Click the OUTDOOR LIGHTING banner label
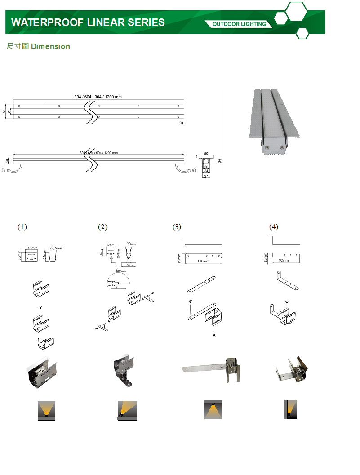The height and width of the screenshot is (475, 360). pyautogui.click(x=239, y=24)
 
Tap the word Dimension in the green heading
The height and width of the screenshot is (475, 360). pyautogui.click(x=50, y=46)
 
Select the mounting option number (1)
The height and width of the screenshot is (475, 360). pyautogui.click(x=22, y=227)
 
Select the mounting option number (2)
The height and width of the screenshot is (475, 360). pyautogui.click(x=102, y=227)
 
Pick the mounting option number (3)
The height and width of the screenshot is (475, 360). pyautogui.click(x=177, y=227)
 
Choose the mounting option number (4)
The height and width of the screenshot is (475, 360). pyautogui.click(x=273, y=227)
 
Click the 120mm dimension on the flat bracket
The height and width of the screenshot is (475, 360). pyautogui.click(x=204, y=261)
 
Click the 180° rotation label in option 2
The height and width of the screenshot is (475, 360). pyautogui.click(x=120, y=271)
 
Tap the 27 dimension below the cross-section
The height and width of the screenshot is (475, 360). pyautogui.click(x=206, y=176)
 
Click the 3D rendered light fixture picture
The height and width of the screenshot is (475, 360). pyautogui.click(x=274, y=123)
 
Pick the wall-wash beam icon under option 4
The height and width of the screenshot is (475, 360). pyautogui.click(x=290, y=409)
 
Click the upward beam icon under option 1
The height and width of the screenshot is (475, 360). pyautogui.click(x=46, y=411)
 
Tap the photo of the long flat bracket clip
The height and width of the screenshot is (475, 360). pyautogui.click(x=211, y=370)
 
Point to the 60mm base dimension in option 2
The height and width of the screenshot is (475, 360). pyautogui.click(x=130, y=265)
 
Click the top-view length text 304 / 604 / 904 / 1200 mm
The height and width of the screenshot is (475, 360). pyautogui.click(x=98, y=97)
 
